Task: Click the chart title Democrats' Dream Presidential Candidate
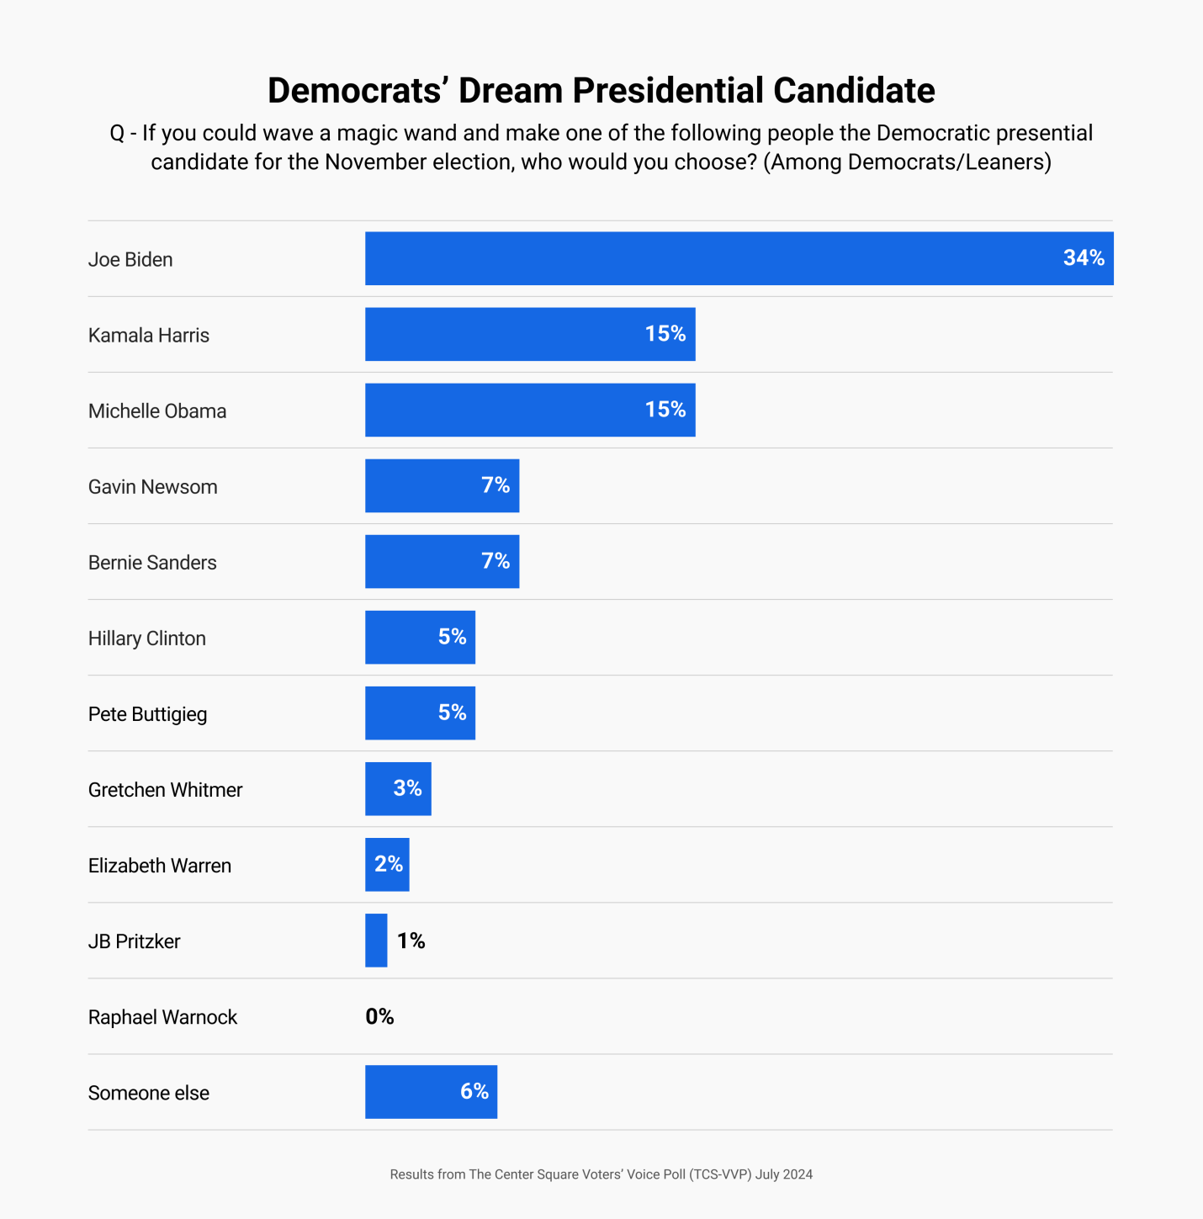(x=601, y=91)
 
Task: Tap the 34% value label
(x=1083, y=258)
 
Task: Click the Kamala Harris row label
(x=149, y=335)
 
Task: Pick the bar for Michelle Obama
(x=505, y=410)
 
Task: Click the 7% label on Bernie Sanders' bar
(x=496, y=561)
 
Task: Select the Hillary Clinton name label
(x=147, y=638)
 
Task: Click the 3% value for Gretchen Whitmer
(x=407, y=788)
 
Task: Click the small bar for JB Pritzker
(x=376, y=940)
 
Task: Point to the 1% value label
(x=411, y=941)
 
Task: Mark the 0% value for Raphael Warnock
(x=379, y=1016)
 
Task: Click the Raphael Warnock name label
(x=162, y=1017)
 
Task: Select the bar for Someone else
(x=412, y=1091)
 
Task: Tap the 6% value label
(x=474, y=1091)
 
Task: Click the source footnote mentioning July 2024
(x=601, y=1174)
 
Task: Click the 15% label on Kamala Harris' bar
(x=665, y=334)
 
